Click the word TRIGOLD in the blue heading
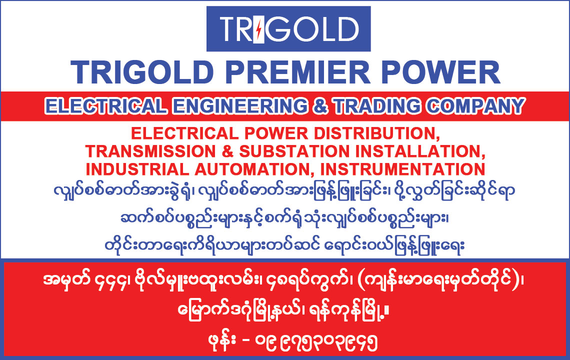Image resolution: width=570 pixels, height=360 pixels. coord(142,72)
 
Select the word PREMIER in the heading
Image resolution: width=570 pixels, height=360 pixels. coord(297,72)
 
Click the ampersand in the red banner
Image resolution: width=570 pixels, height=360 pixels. coord(320,106)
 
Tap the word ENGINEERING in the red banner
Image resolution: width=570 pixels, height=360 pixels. coord(239,106)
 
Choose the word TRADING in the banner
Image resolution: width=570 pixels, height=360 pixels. coord(377,106)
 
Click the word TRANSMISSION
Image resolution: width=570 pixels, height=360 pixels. coord(150,151)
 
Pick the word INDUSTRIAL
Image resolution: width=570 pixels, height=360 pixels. coord(137,169)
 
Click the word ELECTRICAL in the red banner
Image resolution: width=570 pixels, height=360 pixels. coord(106,106)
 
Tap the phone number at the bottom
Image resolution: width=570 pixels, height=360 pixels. coord(316,342)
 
